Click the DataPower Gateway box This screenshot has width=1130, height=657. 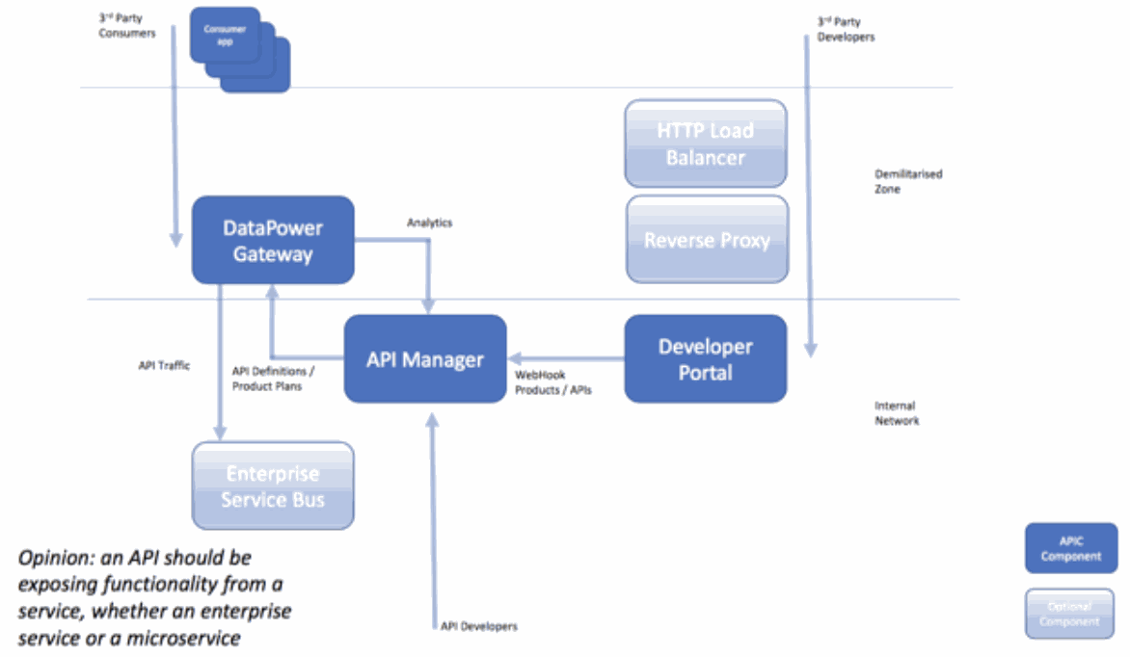[273, 241]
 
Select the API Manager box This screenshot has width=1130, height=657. [425, 359]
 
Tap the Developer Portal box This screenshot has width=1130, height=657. [705, 358]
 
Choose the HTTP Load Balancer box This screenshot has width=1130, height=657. [706, 144]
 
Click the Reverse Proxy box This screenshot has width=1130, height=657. [707, 240]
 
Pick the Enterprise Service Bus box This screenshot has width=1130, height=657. [273, 486]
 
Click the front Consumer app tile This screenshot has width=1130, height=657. [224, 36]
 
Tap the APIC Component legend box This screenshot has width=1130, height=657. [1070, 549]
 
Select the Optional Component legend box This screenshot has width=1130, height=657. [1070, 614]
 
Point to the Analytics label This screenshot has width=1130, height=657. [429, 223]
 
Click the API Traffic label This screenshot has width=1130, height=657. [164, 365]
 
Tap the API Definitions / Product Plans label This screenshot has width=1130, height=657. [266, 379]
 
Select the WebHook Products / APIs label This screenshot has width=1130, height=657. [553, 382]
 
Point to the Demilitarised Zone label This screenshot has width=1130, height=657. [907, 182]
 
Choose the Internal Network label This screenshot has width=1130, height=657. [897, 413]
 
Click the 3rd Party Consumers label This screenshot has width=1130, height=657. [126, 26]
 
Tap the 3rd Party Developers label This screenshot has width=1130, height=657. [846, 29]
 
